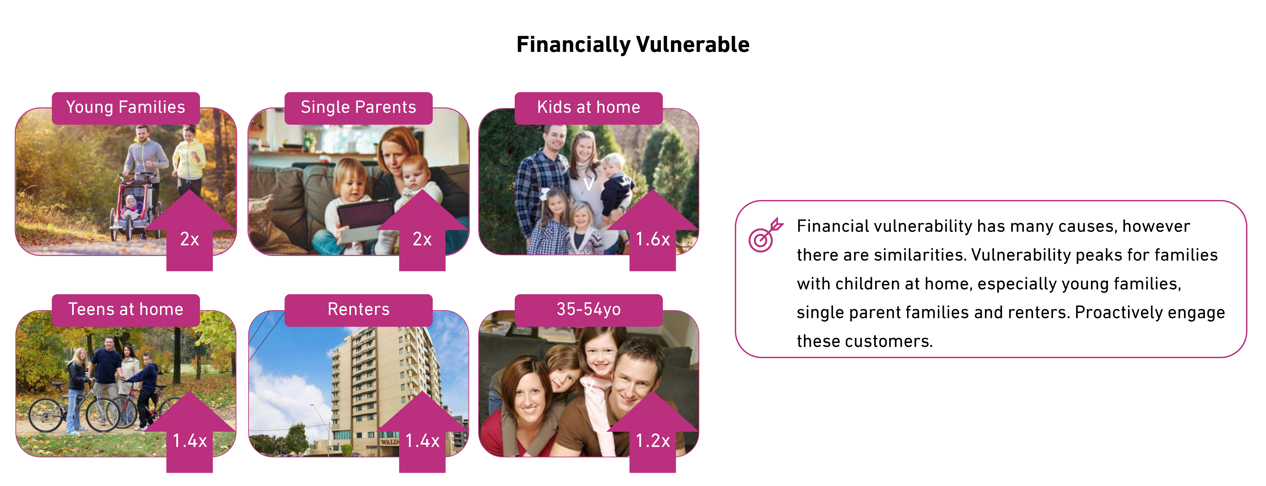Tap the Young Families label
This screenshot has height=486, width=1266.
(126, 108)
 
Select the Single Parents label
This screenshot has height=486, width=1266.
(358, 108)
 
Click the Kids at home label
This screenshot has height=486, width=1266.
(588, 108)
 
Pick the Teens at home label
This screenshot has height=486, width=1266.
(126, 309)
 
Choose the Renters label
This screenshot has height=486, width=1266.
(358, 309)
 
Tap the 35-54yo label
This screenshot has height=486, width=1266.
(588, 309)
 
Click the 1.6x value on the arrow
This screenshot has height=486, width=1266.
(653, 239)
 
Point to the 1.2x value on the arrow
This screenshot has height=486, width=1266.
(653, 441)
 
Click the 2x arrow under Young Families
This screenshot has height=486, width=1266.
(190, 231)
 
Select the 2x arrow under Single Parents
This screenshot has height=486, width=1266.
(422, 231)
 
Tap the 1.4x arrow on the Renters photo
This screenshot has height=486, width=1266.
(422, 433)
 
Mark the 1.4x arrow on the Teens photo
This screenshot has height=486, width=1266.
(190, 433)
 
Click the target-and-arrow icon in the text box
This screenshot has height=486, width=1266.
(765, 235)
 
